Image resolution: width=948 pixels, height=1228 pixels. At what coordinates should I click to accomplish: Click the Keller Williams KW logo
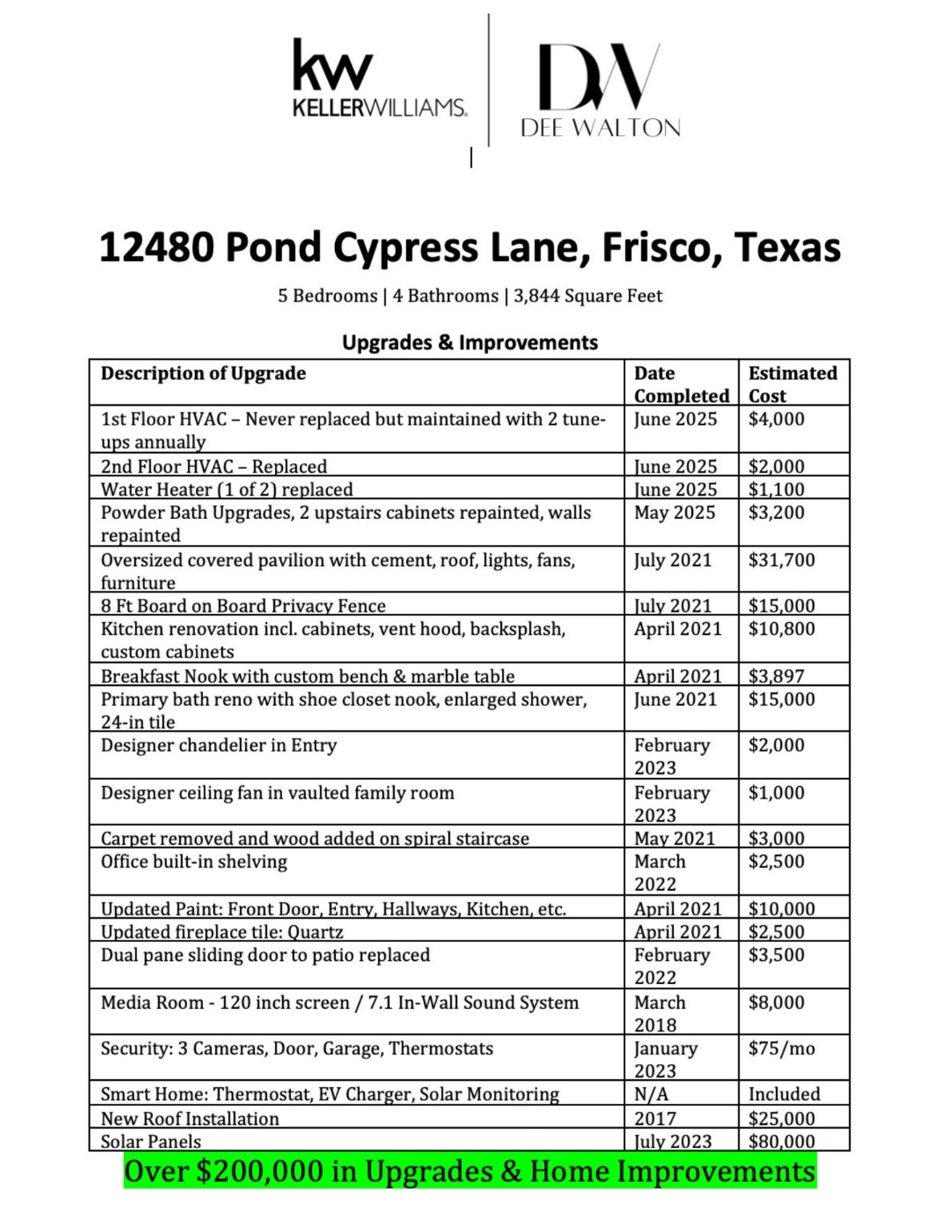pyautogui.click(x=379, y=78)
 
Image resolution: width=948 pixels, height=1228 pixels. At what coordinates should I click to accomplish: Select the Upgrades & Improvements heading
pyautogui.click(x=470, y=342)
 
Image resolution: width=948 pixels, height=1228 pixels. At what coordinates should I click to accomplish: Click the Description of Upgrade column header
pyautogui.click(x=203, y=373)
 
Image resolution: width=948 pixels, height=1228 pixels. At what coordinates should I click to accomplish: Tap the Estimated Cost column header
pyautogui.click(x=792, y=384)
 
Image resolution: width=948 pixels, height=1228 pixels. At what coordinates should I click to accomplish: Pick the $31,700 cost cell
pyautogui.click(x=781, y=560)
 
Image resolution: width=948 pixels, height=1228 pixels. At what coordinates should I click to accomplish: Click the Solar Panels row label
pyautogui.click(x=151, y=1141)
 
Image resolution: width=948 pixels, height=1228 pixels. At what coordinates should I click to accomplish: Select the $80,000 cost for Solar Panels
pyautogui.click(x=781, y=1141)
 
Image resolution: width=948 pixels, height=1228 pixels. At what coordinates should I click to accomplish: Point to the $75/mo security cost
pyautogui.click(x=781, y=1048)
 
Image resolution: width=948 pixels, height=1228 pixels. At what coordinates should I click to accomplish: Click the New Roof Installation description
pyautogui.click(x=190, y=1118)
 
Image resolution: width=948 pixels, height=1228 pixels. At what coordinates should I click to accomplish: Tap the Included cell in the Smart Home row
pyautogui.click(x=783, y=1094)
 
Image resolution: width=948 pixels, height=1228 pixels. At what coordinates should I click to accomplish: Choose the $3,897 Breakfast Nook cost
pyautogui.click(x=775, y=676)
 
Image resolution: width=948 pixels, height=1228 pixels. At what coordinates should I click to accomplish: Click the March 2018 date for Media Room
pyautogui.click(x=659, y=1013)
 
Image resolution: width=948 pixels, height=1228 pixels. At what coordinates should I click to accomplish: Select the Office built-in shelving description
pyautogui.click(x=193, y=862)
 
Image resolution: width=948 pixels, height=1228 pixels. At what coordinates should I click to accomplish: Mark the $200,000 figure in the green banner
pyautogui.click(x=259, y=1171)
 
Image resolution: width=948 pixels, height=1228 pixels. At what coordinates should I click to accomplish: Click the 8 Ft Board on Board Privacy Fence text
pyautogui.click(x=243, y=606)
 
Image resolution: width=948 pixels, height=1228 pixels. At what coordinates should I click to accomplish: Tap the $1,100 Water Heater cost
pyautogui.click(x=775, y=489)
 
